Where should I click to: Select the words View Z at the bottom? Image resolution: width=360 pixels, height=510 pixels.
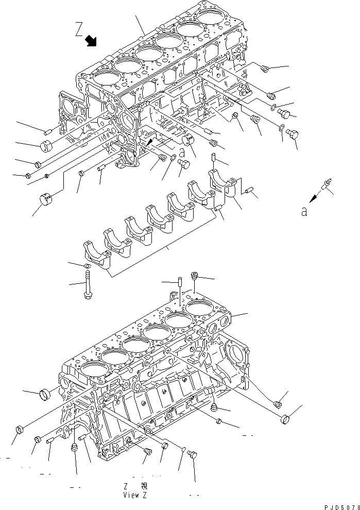coord(135,495)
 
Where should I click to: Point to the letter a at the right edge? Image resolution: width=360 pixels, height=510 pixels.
coord(304,211)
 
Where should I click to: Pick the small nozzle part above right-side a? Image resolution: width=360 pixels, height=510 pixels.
coord(327,182)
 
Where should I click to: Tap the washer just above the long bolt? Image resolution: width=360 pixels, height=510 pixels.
coord(88,266)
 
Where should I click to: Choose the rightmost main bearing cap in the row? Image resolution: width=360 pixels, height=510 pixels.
coord(222,186)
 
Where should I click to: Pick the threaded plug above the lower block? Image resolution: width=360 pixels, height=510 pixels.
coord(195,276)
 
